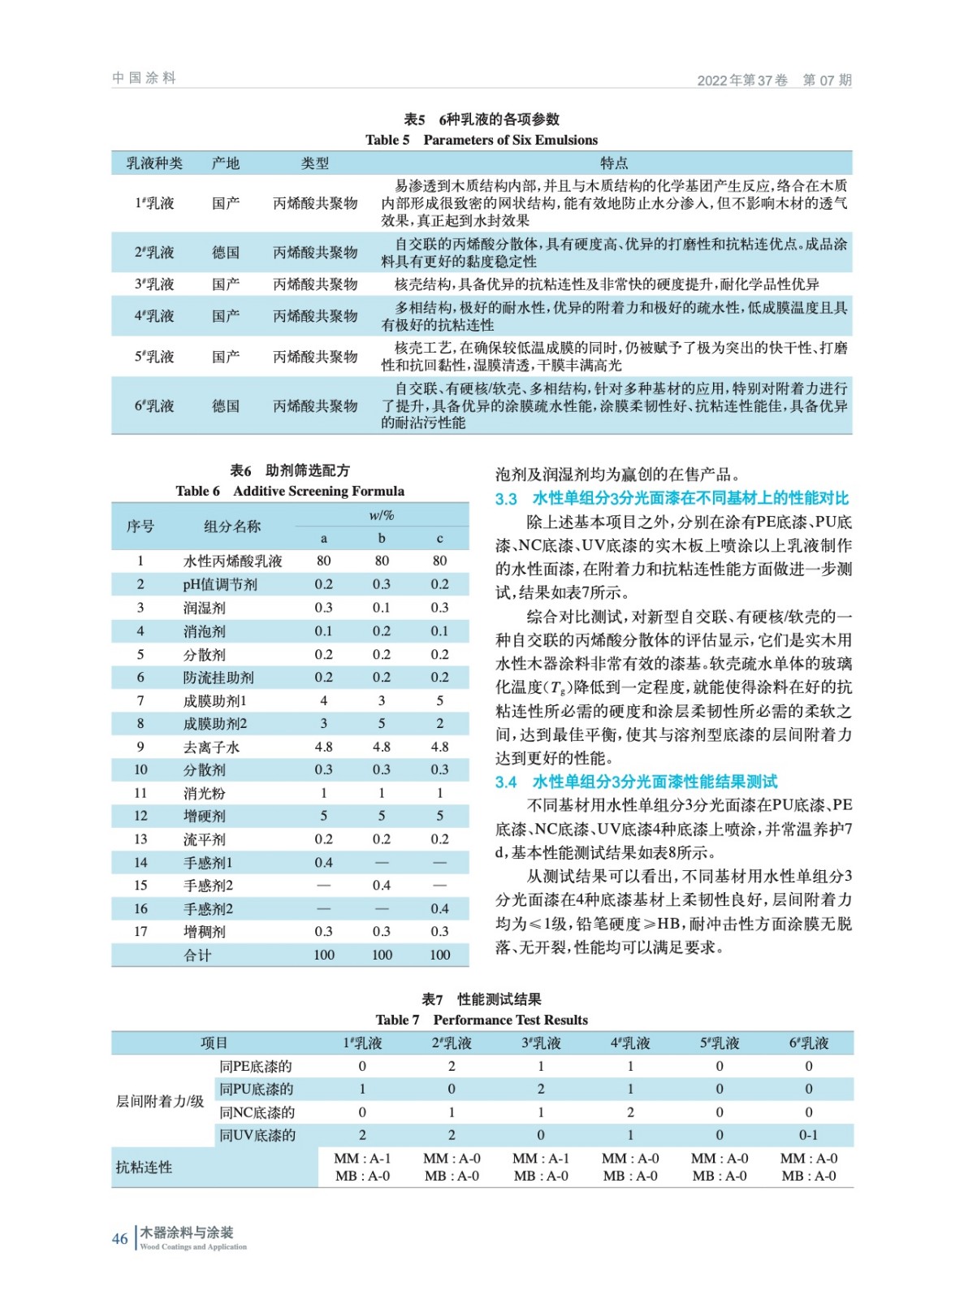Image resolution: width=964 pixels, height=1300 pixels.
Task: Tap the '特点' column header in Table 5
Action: [x=613, y=163]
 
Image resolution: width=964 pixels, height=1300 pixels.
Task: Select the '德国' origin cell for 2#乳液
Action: [x=226, y=253]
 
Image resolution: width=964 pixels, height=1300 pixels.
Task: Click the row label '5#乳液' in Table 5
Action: [x=154, y=357]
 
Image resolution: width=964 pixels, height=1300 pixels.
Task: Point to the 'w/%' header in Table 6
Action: [x=381, y=515]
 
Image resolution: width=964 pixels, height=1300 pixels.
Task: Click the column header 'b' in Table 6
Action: [x=382, y=538]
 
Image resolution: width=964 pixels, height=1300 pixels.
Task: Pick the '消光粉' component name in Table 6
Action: [x=205, y=793]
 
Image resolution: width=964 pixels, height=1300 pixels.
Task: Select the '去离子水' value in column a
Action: [x=323, y=747]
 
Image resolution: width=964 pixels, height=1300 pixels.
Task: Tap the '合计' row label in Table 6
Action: [x=197, y=955]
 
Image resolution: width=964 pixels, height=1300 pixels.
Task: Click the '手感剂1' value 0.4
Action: [x=323, y=862]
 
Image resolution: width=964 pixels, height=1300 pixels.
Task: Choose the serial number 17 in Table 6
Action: [x=140, y=932]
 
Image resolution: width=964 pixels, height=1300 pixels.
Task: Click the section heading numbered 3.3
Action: [x=672, y=498]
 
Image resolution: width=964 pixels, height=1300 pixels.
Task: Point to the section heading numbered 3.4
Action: [x=636, y=782]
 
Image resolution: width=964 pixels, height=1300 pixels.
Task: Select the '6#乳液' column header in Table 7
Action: [x=808, y=1043]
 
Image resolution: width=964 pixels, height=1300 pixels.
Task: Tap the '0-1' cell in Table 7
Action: [x=808, y=1135]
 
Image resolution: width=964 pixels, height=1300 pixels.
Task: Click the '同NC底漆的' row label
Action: [x=257, y=1112]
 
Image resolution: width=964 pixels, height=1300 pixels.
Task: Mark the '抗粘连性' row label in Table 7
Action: [x=144, y=1168]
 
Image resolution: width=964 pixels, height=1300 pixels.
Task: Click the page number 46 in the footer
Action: [x=120, y=1238]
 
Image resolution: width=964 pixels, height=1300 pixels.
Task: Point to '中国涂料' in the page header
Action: [x=145, y=78]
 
